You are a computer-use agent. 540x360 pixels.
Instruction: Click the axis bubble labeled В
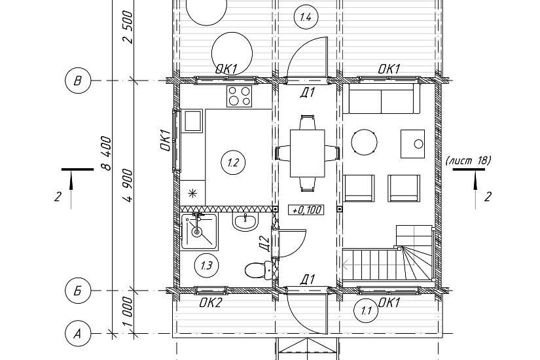[x=78, y=81]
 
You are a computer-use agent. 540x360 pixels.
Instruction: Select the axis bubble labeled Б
[x=78, y=291]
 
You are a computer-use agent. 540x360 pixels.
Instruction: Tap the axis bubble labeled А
[x=78, y=333]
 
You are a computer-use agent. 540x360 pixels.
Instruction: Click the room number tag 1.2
[x=233, y=162]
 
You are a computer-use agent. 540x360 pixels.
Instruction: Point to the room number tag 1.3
[x=206, y=265]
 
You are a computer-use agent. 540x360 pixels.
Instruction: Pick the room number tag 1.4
[x=306, y=17]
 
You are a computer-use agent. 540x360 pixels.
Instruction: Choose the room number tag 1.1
[x=366, y=311]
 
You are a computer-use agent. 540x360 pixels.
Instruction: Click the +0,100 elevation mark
[x=306, y=209]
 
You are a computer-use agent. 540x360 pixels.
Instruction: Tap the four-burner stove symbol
[x=239, y=96]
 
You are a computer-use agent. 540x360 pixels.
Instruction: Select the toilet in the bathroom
[x=259, y=270]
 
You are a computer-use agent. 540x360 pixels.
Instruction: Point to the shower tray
[x=200, y=232]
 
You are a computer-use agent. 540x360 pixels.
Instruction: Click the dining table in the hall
[x=308, y=153]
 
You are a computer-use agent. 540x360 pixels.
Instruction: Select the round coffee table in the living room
[x=365, y=142]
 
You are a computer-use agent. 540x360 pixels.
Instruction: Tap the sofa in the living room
[x=381, y=99]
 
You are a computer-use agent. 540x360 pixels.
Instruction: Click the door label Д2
[x=264, y=243]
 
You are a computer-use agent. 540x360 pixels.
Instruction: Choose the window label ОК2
[x=211, y=303]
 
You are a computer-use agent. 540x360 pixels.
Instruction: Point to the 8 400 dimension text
[x=107, y=153]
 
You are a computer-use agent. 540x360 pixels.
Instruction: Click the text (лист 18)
[x=469, y=160]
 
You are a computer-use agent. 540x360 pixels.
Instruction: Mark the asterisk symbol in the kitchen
[x=192, y=193]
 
